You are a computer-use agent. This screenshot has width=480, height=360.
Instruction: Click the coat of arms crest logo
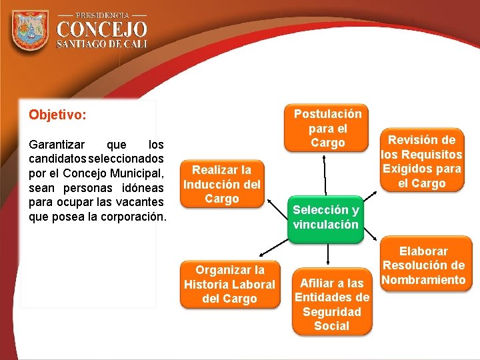(30, 31)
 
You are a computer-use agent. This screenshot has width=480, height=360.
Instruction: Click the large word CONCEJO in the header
(102, 29)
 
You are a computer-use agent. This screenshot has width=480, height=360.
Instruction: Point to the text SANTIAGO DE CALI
(102, 44)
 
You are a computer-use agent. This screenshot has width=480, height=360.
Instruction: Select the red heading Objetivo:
(57, 115)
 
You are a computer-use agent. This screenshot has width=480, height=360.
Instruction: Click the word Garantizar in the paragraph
(57, 144)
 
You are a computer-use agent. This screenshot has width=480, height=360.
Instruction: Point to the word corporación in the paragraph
(130, 217)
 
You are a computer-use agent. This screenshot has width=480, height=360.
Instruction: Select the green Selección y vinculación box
(326, 217)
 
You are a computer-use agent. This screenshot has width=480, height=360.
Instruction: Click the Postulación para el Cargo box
(328, 129)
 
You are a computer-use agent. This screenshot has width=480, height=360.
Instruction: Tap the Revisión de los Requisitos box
(421, 161)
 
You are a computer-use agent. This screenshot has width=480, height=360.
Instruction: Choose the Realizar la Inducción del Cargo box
(222, 185)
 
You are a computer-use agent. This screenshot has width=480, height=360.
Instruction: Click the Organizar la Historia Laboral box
(229, 285)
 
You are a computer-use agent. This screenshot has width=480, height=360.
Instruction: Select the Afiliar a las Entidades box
(331, 304)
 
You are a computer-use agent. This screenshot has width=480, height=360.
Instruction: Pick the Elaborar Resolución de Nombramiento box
(423, 265)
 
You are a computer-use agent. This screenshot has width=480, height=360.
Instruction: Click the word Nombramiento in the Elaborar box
(423, 280)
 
